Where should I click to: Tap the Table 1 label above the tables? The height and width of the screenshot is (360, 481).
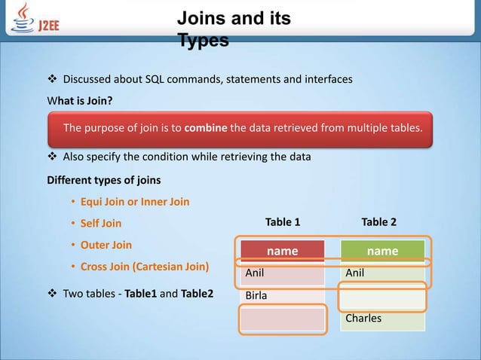coord(283,222)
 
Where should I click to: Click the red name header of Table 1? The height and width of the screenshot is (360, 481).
coord(282,251)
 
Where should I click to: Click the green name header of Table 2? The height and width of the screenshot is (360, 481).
coord(382,251)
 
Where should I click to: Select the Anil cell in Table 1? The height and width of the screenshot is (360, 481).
coord(282,273)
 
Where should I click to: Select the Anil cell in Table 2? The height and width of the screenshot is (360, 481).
coord(382,273)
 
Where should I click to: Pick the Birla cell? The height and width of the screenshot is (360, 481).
coord(282,295)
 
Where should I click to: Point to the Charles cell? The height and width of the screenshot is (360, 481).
coord(382,318)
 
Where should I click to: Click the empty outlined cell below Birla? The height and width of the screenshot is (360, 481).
coord(282,319)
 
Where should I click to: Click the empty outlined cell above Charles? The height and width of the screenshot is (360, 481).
coord(382,296)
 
